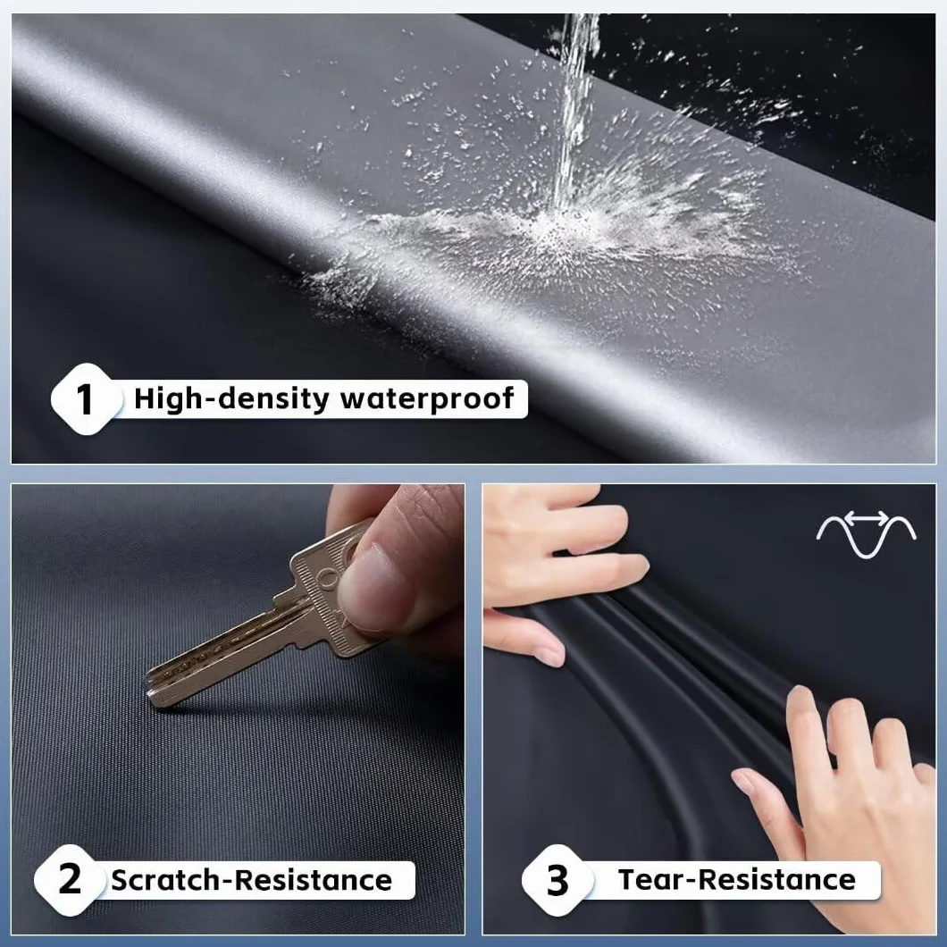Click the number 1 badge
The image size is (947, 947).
click(x=86, y=399)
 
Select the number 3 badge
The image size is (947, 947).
click(x=557, y=880)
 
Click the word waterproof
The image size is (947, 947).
click(x=427, y=398)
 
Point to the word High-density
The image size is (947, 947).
click(x=231, y=399)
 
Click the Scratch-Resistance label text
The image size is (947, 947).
click(x=251, y=880)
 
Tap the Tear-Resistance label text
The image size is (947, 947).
click(x=737, y=879)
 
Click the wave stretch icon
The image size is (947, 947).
click(x=866, y=533)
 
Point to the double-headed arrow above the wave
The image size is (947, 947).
click(x=867, y=517)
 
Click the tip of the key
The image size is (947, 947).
click(x=150, y=700)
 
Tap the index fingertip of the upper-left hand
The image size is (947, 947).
click(x=637, y=567)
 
